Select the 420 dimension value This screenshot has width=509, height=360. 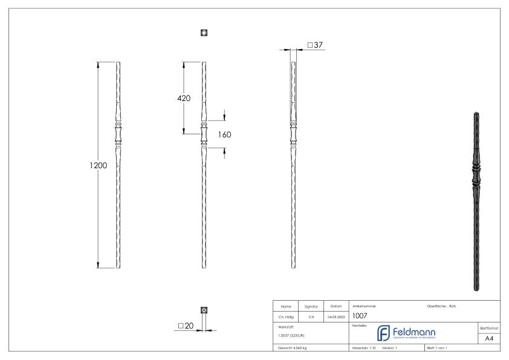coord(184,99)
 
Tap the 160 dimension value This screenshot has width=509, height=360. coord(225,134)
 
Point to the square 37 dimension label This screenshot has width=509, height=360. coord(316,45)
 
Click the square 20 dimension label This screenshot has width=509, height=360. coord(186,326)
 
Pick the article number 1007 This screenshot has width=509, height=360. coord(360,315)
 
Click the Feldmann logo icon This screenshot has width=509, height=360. coord(384,333)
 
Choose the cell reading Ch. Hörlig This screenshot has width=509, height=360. coord(288,316)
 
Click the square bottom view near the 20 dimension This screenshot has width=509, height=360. coord(204,310)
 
